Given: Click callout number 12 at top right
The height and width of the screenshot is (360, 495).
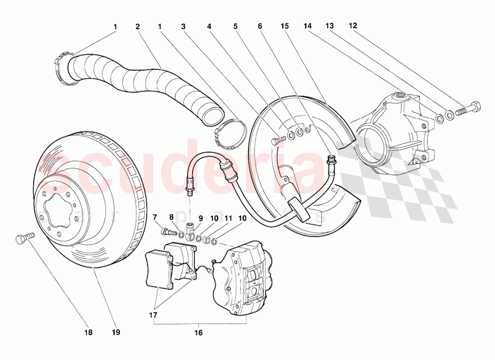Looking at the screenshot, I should tap(352, 25).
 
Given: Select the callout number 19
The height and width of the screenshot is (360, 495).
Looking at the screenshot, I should tap(116, 332).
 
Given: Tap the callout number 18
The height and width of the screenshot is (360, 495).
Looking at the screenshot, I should tap(88, 332).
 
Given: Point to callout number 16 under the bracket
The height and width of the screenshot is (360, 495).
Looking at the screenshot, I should tap(198, 333).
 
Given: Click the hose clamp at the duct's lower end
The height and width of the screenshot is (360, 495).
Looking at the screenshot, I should tap(231, 135).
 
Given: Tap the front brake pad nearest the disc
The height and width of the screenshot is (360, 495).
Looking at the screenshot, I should tap(159, 269).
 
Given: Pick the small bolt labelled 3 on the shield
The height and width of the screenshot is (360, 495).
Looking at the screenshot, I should tap(277, 140).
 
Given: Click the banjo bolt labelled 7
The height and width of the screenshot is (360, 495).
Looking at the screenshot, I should tap(168, 231).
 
